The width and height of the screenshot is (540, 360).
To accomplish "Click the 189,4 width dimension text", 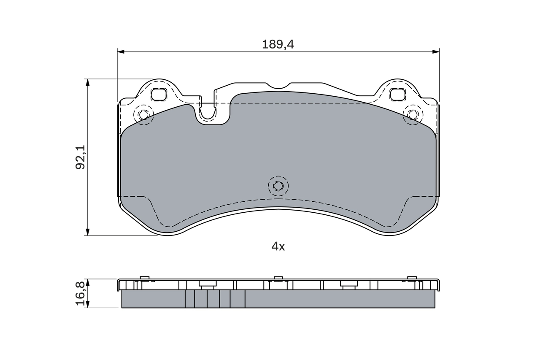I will [x=278, y=44].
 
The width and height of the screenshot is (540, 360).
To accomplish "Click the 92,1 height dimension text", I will [x=80, y=157].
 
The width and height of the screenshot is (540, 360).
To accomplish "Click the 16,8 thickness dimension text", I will [x=80, y=293].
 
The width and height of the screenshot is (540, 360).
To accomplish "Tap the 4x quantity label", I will [x=278, y=246].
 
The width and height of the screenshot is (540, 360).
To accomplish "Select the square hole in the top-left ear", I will [x=159, y=95].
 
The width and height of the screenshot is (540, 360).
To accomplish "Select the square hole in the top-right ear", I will [x=397, y=95].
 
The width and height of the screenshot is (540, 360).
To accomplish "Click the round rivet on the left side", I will [x=143, y=115].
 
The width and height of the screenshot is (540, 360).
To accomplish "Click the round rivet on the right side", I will [x=413, y=115].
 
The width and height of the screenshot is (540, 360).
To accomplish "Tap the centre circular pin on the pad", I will [x=278, y=186].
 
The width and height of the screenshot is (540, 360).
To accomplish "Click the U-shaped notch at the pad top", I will [x=208, y=112].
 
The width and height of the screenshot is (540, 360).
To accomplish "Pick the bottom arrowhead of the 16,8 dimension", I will [x=88, y=305].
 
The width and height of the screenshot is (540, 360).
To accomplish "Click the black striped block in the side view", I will [x=215, y=299].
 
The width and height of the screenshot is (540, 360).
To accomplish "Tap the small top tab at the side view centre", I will [x=278, y=278].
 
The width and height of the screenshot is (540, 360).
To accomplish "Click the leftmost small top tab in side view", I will [x=144, y=277].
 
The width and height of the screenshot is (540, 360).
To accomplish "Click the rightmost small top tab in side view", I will [x=412, y=277].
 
